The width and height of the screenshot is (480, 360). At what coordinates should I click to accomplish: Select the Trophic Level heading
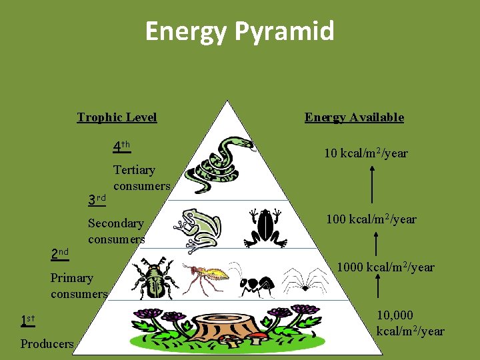pyautogui.click(x=117, y=117)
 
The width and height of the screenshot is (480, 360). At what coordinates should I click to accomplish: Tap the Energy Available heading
pyautogui.click(x=354, y=117)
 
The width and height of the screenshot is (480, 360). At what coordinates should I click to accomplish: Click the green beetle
pyautogui.click(x=154, y=278)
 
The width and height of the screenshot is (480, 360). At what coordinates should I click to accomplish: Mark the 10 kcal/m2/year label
pyautogui.click(x=366, y=153)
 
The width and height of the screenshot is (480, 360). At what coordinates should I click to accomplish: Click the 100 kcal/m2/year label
pyautogui.click(x=371, y=219)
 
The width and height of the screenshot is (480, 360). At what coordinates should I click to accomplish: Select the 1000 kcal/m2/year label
pyautogui.click(x=385, y=267)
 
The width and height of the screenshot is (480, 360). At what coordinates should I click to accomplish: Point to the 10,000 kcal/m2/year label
pyautogui.click(x=409, y=323)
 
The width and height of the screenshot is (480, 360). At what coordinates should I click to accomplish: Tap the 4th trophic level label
pyautogui.click(x=121, y=146)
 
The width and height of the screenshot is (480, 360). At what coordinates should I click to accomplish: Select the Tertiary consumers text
pyautogui.click(x=141, y=178)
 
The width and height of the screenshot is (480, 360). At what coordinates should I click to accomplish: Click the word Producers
pyautogui.click(x=47, y=344)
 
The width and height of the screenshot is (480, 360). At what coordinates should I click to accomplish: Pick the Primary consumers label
pyautogui.click(x=79, y=285)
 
